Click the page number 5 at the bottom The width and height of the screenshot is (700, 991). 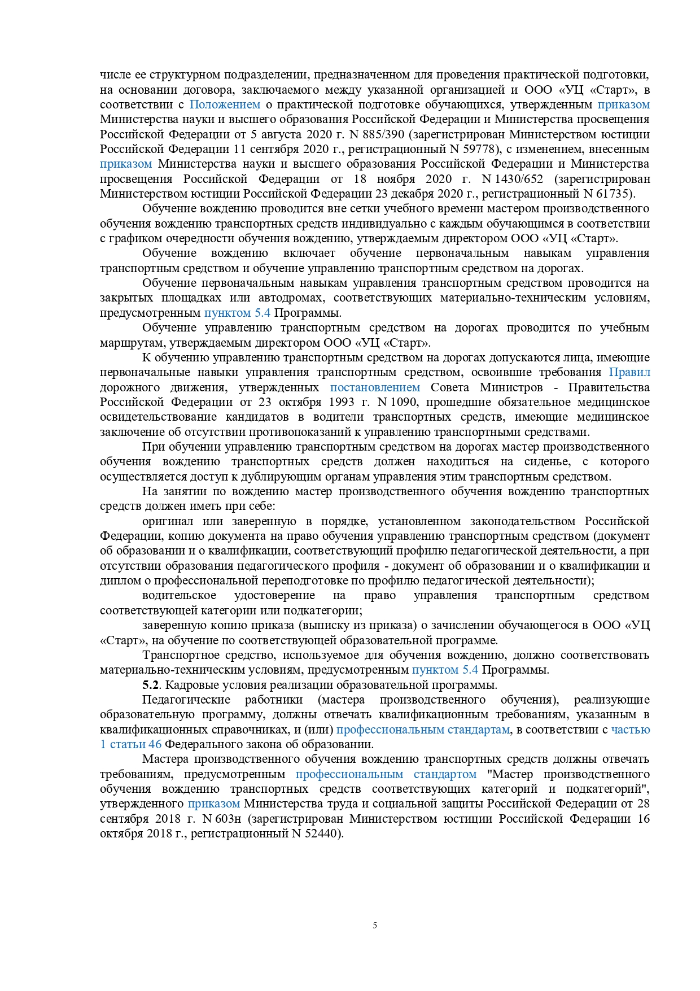pyautogui.click(x=375, y=925)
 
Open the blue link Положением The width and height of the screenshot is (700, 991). pyautogui.click(x=225, y=104)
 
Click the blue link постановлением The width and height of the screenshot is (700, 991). pyautogui.click(x=375, y=387)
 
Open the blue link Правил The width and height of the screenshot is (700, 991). pyautogui.click(x=629, y=372)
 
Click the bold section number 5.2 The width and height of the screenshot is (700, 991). pyautogui.click(x=151, y=685)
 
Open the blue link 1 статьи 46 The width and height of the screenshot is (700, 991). pyautogui.click(x=130, y=744)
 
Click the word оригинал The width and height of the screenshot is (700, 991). pyautogui.click(x=168, y=521)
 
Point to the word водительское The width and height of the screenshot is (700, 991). pyautogui.click(x=179, y=595)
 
